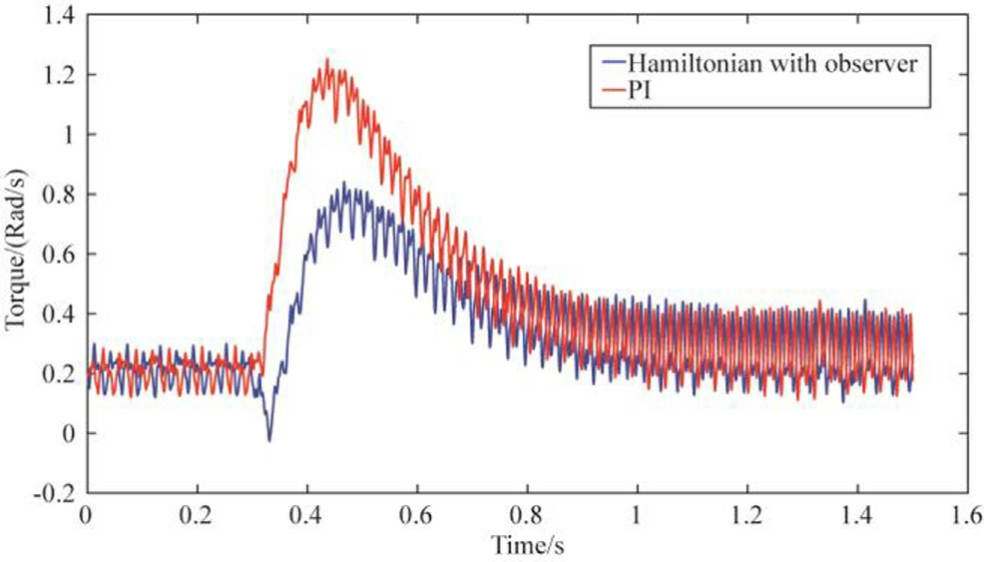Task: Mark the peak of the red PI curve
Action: tap(326, 60)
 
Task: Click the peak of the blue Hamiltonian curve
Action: tap(343, 183)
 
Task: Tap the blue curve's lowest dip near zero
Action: tap(268, 440)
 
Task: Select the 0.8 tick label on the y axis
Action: tap(57, 194)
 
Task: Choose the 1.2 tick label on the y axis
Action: tap(57, 75)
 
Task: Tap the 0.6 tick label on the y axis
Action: tap(57, 254)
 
